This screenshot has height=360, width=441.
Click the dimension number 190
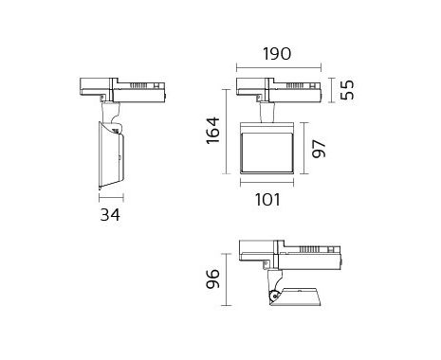(277, 54)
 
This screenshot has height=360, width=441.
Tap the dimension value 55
(347, 90)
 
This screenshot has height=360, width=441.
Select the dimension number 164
(212, 131)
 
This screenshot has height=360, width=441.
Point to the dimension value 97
(319, 149)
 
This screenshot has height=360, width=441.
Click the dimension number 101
(267, 200)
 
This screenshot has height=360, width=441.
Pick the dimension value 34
(110, 215)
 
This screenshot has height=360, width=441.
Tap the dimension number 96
(212, 279)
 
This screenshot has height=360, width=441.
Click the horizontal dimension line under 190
(279, 67)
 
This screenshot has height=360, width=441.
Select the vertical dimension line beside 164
(227, 132)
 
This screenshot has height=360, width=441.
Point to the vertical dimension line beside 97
(304, 148)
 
